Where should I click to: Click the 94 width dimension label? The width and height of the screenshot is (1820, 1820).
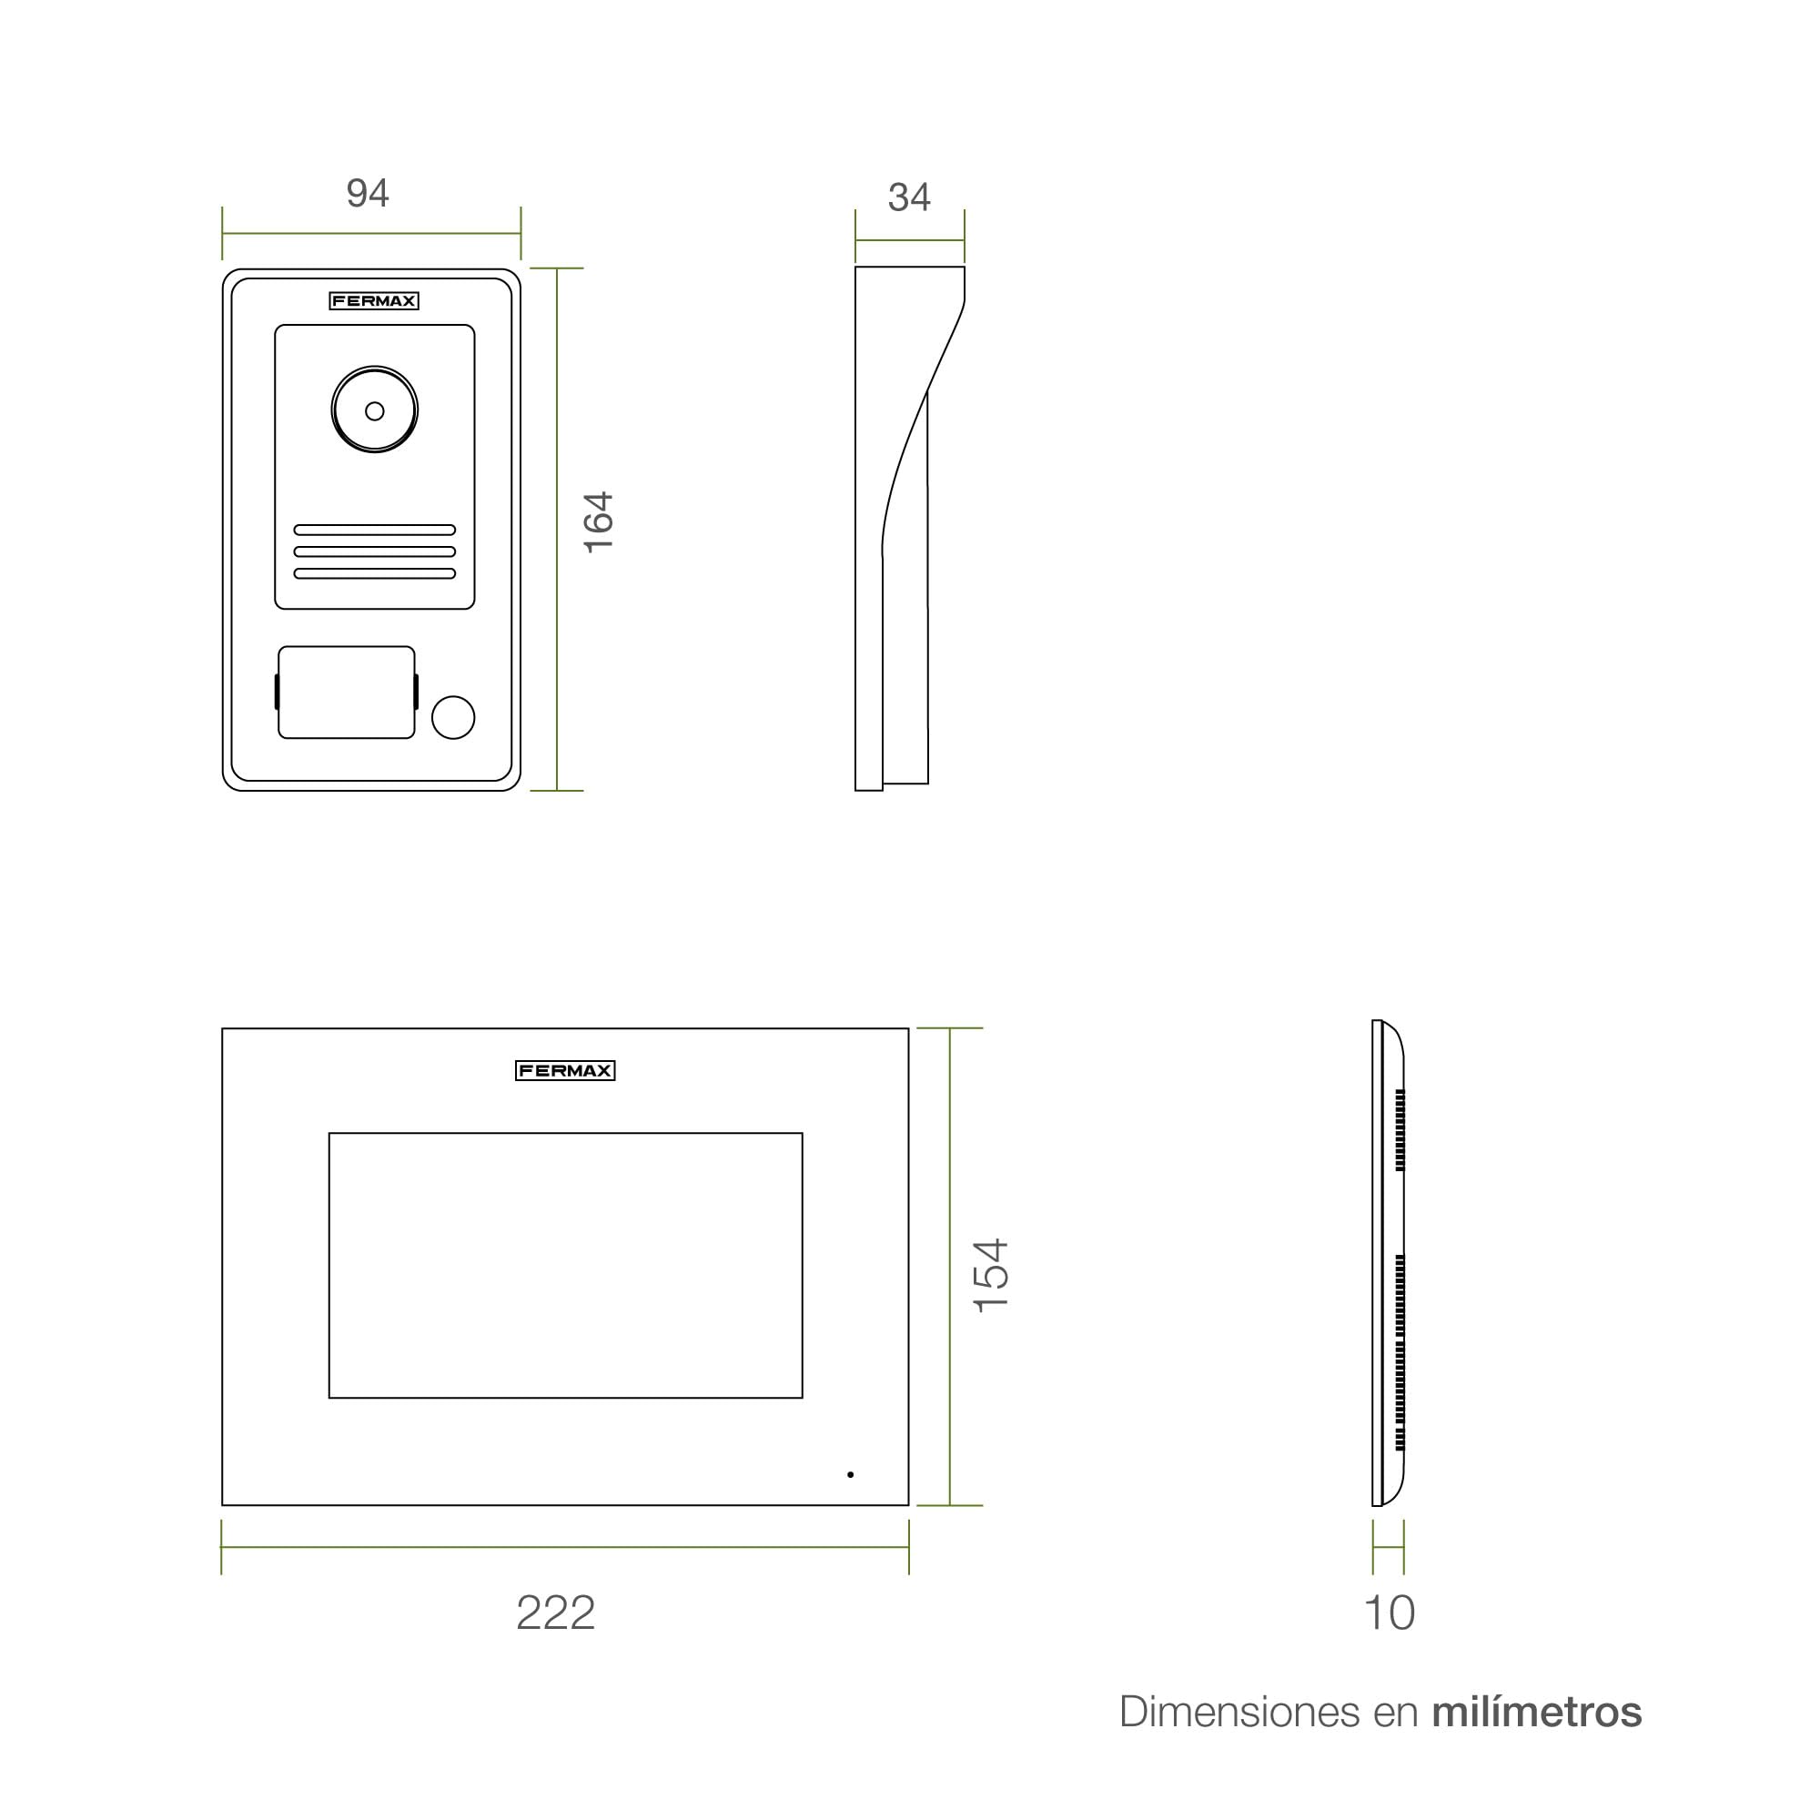pyautogui.click(x=368, y=193)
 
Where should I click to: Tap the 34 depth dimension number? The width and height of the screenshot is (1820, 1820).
pyautogui.click(x=909, y=197)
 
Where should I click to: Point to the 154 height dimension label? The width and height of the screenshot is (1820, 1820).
pyautogui.click(x=991, y=1276)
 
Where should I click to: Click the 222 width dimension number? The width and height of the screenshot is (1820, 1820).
pyautogui.click(x=556, y=1613)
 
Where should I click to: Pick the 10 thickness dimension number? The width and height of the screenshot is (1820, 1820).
pyautogui.click(x=1390, y=1613)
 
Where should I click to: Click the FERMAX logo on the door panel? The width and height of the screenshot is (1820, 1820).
pyautogui.click(x=374, y=301)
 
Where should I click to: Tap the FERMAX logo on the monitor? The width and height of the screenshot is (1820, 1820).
pyautogui.click(x=565, y=1071)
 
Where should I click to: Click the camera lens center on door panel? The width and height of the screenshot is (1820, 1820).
pyautogui.click(x=375, y=410)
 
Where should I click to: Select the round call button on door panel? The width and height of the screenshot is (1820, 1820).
pyautogui.click(x=453, y=718)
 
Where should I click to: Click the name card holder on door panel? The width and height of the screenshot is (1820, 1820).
pyautogui.click(x=347, y=693)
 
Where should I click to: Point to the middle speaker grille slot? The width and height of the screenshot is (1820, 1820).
pyautogui.click(x=375, y=552)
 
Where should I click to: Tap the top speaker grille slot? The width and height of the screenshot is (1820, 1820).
pyautogui.click(x=375, y=531)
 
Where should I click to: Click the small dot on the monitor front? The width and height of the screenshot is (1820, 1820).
pyautogui.click(x=851, y=1474)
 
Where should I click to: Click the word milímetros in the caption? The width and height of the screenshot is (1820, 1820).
pyautogui.click(x=1536, y=1713)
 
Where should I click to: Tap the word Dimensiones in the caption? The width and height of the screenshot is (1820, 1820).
pyautogui.click(x=1240, y=1713)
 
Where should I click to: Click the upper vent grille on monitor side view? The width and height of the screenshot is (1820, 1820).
pyautogui.click(x=1400, y=1130)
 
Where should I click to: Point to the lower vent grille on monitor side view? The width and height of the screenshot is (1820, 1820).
pyautogui.click(x=1400, y=1352)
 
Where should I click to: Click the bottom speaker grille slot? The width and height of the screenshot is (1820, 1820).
pyautogui.click(x=375, y=573)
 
